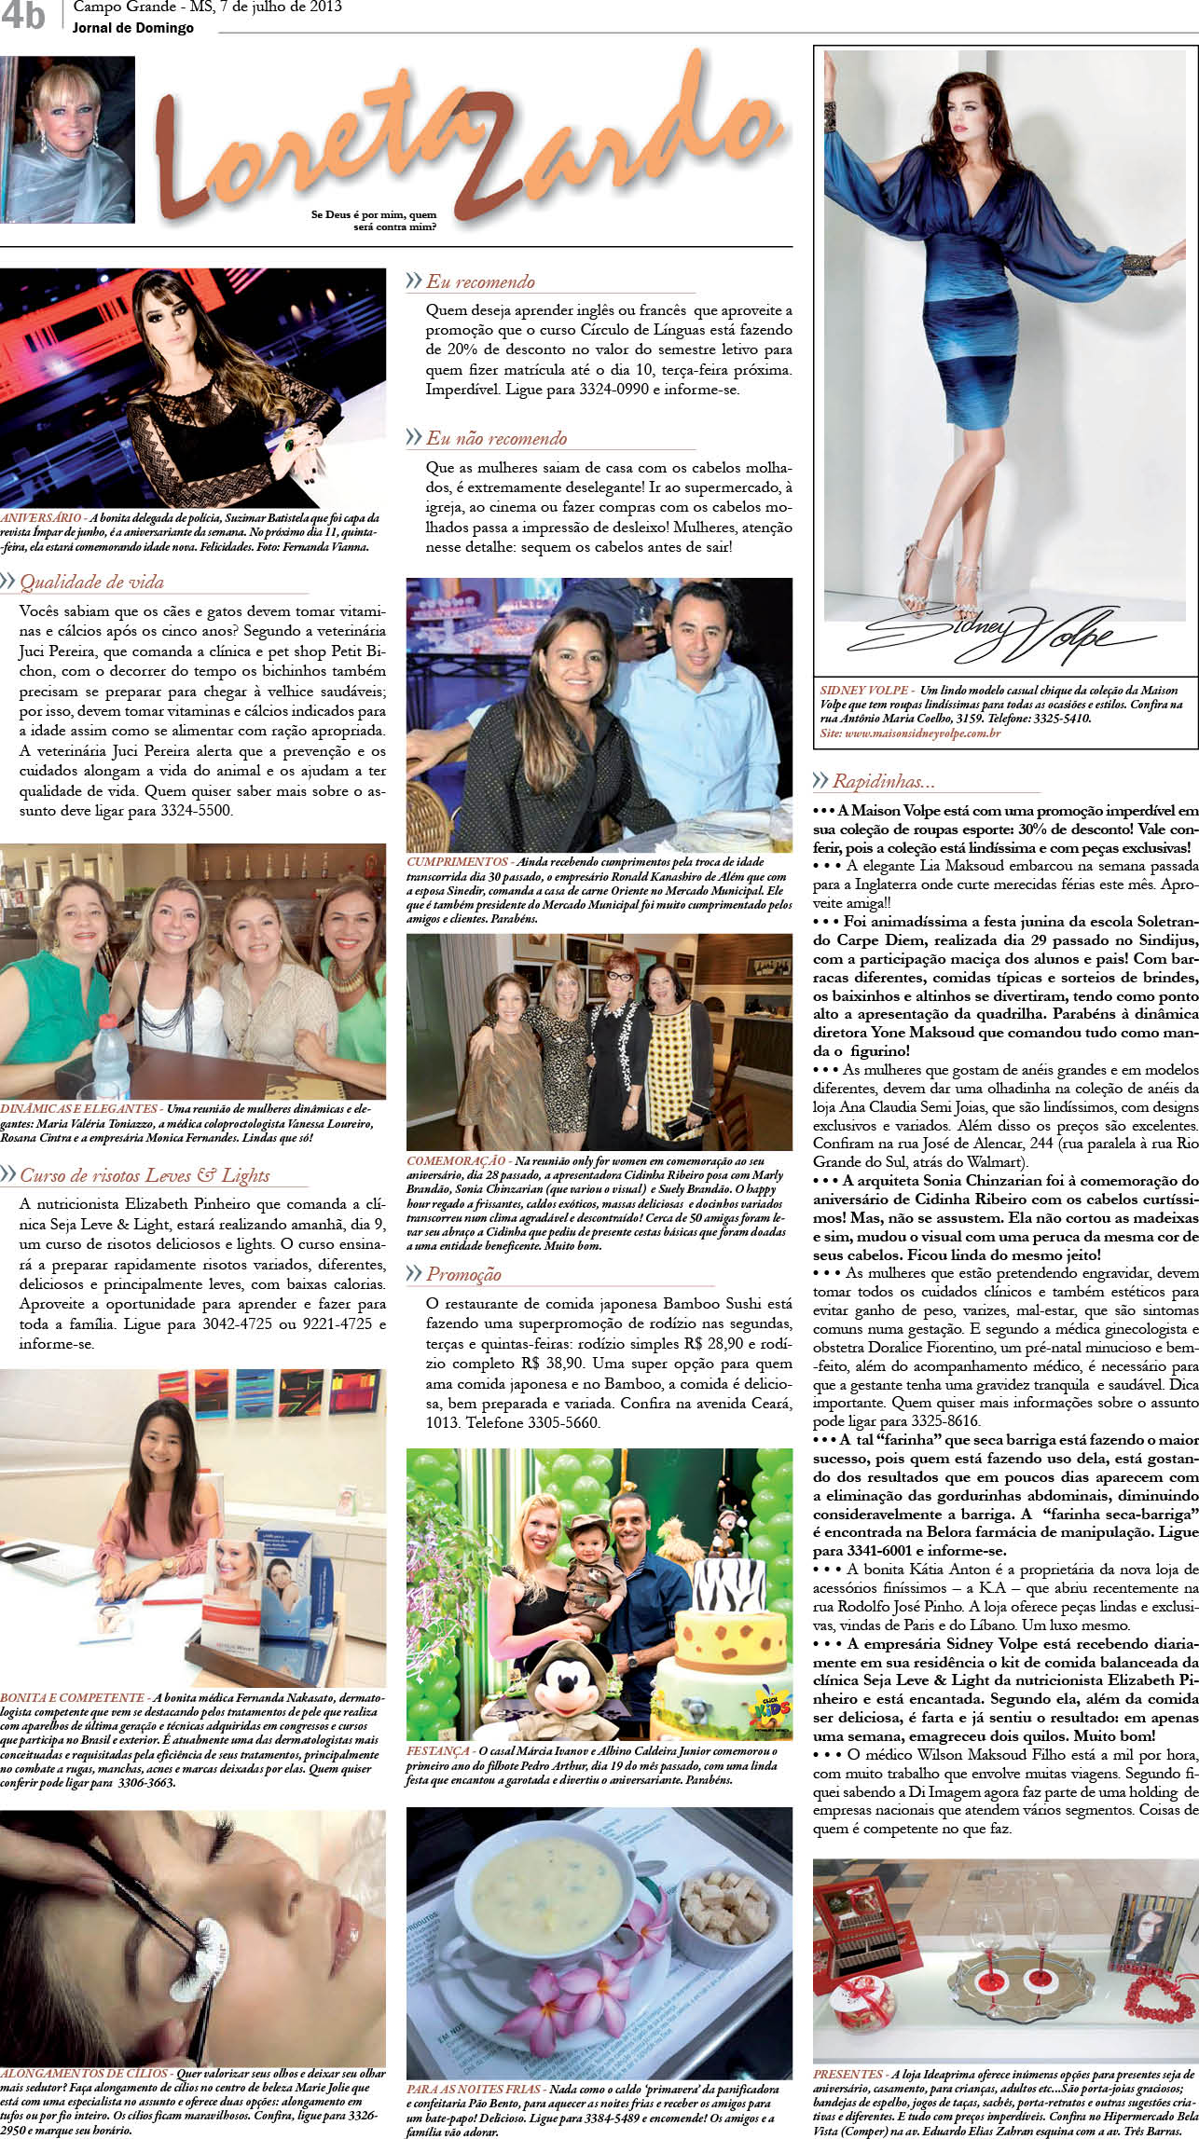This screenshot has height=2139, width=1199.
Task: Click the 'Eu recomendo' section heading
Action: coord(480,281)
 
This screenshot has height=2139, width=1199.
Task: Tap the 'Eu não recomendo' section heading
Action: coord(496,438)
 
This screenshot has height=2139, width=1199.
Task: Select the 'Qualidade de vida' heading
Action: coord(91,583)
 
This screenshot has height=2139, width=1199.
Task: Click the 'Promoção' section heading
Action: coord(463,1274)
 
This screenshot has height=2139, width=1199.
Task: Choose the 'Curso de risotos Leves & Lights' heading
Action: coord(145,1175)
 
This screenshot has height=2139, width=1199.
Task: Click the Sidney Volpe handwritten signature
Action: coord(988,635)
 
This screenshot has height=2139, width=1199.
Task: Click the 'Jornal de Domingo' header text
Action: coord(133,28)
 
